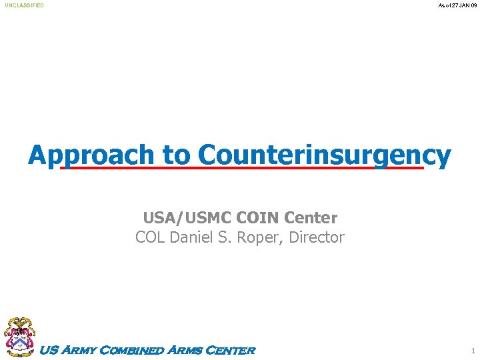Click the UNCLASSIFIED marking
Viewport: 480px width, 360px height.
point(24,5)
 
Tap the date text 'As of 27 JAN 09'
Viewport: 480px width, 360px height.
point(457,5)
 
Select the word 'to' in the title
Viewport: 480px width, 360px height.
point(176,155)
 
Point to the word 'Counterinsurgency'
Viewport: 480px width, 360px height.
point(324,155)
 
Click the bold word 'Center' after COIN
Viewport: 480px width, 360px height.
point(311,218)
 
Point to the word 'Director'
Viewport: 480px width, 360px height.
point(317,237)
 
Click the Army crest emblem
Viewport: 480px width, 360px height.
point(19,337)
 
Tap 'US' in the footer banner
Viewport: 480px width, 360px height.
point(49,351)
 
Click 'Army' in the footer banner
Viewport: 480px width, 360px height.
point(79,351)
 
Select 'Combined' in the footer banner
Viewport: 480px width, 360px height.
point(132,351)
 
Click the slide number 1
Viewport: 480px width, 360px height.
point(473,351)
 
